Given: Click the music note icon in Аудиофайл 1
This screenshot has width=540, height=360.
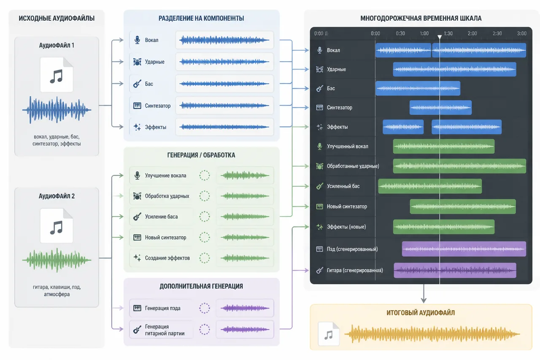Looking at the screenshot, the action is point(57,76).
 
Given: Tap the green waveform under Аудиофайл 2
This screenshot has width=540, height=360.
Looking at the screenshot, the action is point(57,260).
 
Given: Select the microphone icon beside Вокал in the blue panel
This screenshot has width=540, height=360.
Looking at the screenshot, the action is point(137,40).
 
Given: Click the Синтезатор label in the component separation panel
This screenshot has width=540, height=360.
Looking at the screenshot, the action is point(158,106).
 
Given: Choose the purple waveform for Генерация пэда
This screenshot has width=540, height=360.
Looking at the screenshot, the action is point(245,308).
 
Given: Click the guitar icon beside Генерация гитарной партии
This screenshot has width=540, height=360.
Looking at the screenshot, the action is point(137,329).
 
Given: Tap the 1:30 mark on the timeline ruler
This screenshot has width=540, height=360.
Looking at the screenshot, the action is point(448,33).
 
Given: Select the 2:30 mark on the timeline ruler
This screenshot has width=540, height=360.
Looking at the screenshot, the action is point(497,33).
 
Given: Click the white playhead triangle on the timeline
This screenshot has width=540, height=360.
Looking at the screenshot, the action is point(440,37).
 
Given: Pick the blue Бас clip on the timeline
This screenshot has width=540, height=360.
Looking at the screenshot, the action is point(418,88).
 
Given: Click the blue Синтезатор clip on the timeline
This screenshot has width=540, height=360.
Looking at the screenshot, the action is point(440,107).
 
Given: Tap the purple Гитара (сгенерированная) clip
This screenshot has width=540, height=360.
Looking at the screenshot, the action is point(455,270).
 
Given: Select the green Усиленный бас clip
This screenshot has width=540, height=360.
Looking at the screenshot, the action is point(430,186).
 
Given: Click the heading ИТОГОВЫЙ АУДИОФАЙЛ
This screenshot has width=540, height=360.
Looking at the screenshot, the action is point(421,313).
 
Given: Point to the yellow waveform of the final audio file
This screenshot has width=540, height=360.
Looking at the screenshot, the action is point(432,334).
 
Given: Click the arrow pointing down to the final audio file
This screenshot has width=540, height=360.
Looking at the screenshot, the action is point(424,293).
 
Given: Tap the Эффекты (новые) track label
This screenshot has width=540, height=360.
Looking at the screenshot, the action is point(346,227).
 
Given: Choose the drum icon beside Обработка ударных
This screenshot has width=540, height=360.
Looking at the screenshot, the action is point(137,196).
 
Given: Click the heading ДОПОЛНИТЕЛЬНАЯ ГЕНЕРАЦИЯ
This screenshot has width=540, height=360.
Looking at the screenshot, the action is point(201,286).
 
